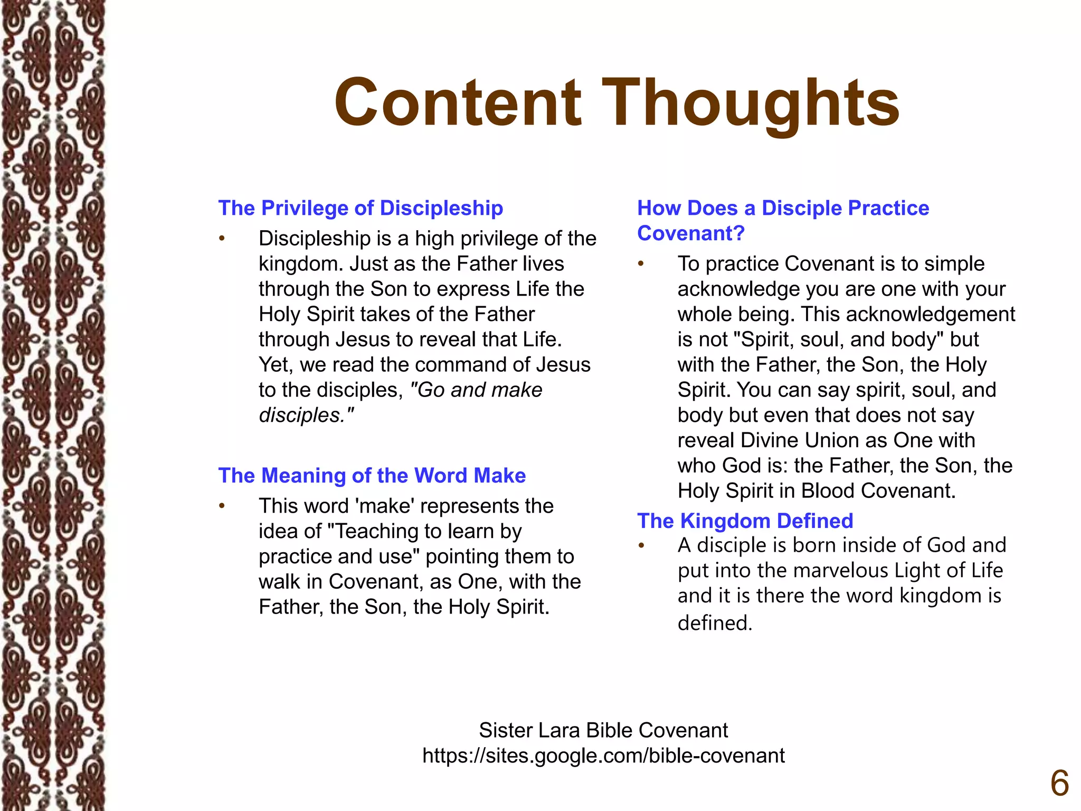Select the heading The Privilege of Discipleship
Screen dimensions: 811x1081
click(361, 208)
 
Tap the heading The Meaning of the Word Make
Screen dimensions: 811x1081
click(372, 475)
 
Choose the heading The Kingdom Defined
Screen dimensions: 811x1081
click(745, 521)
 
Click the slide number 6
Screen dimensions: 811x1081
click(1059, 784)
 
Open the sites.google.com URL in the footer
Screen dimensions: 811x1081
click(603, 756)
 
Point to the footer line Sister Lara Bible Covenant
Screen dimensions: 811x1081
click(603, 730)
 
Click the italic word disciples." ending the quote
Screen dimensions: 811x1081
click(306, 415)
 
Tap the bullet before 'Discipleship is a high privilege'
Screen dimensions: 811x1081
click(222, 239)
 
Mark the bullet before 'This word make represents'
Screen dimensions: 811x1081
click(222, 506)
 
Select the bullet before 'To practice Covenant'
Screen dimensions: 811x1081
click(641, 263)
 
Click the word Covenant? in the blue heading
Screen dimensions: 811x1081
click(690, 233)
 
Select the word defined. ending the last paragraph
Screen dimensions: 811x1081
click(715, 623)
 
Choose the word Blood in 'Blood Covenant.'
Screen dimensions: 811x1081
click(828, 491)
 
